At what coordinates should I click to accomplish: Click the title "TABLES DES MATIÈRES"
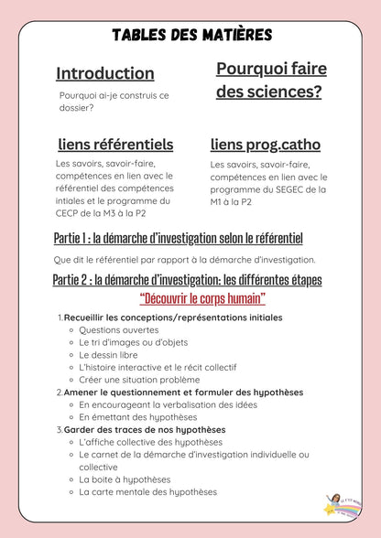(x=191, y=35)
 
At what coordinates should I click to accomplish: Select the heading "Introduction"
(x=105, y=73)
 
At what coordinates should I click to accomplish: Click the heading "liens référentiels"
(x=115, y=144)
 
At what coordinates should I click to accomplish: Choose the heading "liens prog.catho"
(x=266, y=144)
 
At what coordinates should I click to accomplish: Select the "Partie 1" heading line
(x=178, y=239)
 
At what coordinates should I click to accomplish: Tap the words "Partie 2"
(x=76, y=279)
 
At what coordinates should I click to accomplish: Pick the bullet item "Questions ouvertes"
(x=119, y=329)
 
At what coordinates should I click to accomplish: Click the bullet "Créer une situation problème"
(x=139, y=379)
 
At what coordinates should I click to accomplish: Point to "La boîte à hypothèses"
(x=125, y=479)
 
